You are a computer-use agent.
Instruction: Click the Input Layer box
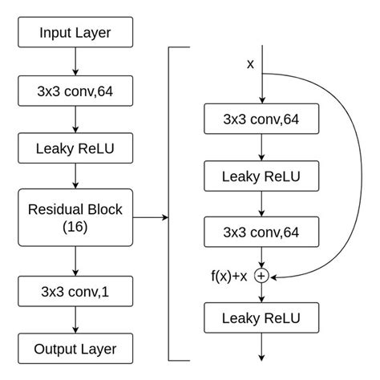coord(75,33)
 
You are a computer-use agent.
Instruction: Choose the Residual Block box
coord(75,216)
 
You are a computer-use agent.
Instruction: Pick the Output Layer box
coord(75,349)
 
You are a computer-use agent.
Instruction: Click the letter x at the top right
coord(250,63)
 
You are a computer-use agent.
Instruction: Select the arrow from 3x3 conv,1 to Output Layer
coord(75,321)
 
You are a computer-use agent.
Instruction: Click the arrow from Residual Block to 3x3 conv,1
coord(75,261)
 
